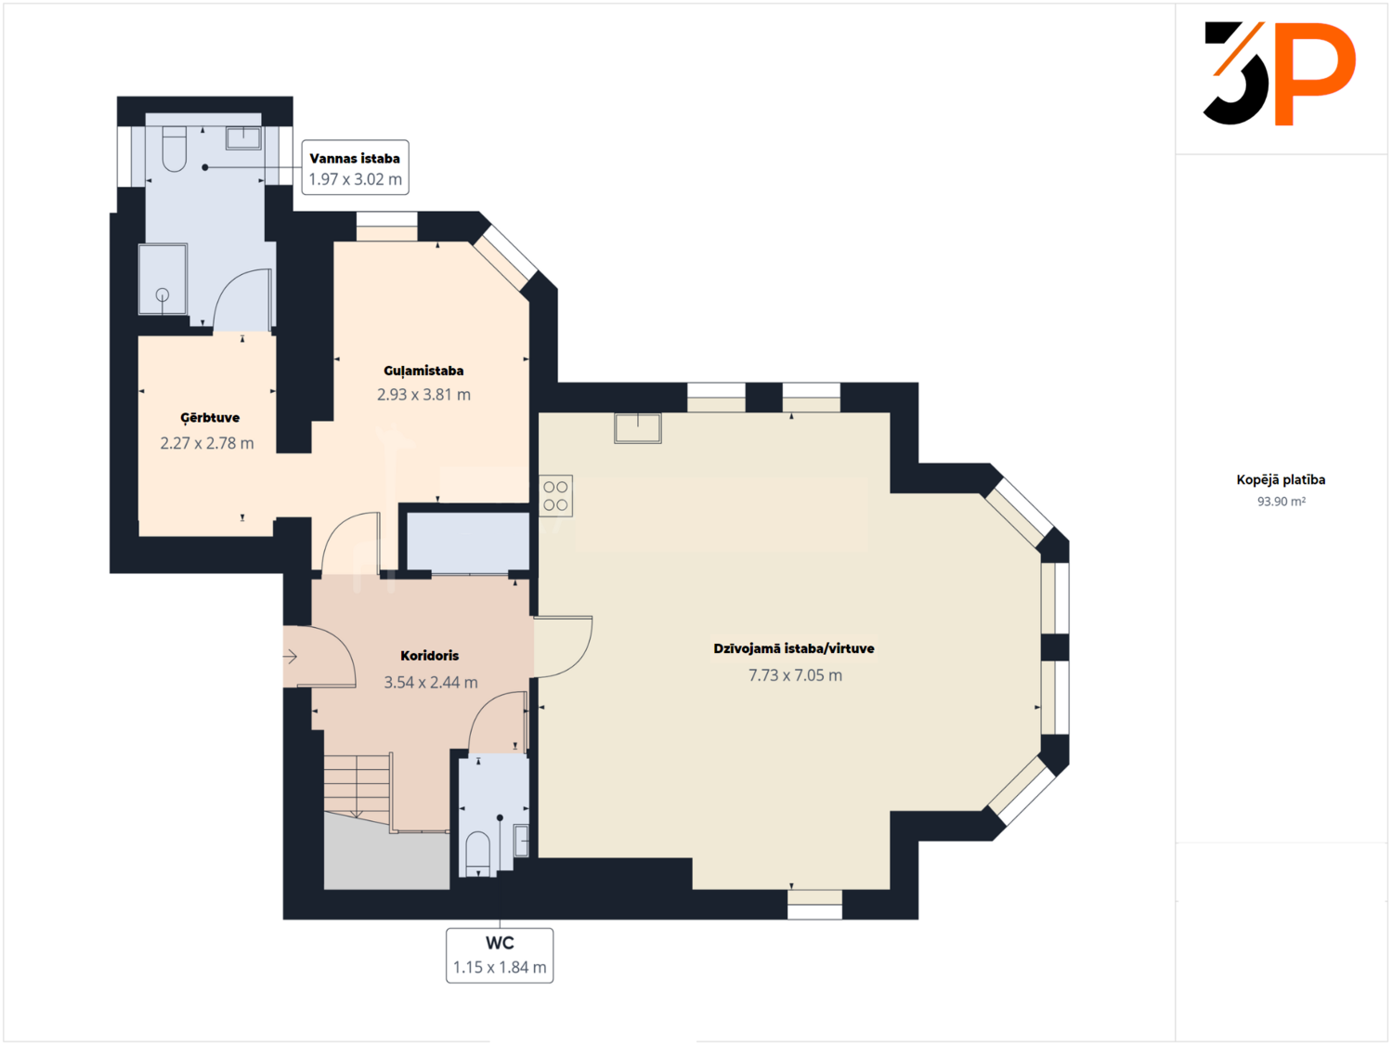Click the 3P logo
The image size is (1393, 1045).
pyautogui.click(x=1280, y=73)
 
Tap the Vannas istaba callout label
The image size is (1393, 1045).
pyautogui.click(x=355, y=167)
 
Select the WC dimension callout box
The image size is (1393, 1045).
pyautogui.click(x=500, y=956)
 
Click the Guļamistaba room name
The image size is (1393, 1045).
pyautogui.click(x=423, y=371)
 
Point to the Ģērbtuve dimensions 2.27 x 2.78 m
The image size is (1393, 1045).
pyautogui.click(x=207, y=443)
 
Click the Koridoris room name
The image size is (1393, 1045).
pyautogui.click(x=430, y=656)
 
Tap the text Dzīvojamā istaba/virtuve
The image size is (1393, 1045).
pyautogui.click(x=794, y=648)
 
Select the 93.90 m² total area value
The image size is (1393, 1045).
pyautogui.click(x=1282, y=502)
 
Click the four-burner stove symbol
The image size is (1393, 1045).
pyautogui.click(x=556, y=495)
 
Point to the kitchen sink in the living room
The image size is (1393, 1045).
pyautogui.click(x=638, y=428)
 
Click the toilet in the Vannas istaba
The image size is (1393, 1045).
pyautogui.click(x=174, y=150)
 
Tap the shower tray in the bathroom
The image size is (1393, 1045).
pyautogui.click(x=163, y=280)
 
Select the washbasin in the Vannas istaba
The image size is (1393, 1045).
pyautogui.click(x=243, y=137)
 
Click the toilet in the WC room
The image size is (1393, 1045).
pyautogui.click(x=478, y=854)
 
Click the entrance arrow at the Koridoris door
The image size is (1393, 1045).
pyautogui.click(x=290, y=656)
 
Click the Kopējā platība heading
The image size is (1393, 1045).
pyautogui.click(x=1281, y=479)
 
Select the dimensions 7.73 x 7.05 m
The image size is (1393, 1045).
pyautogui.click(x=795, y=675)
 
